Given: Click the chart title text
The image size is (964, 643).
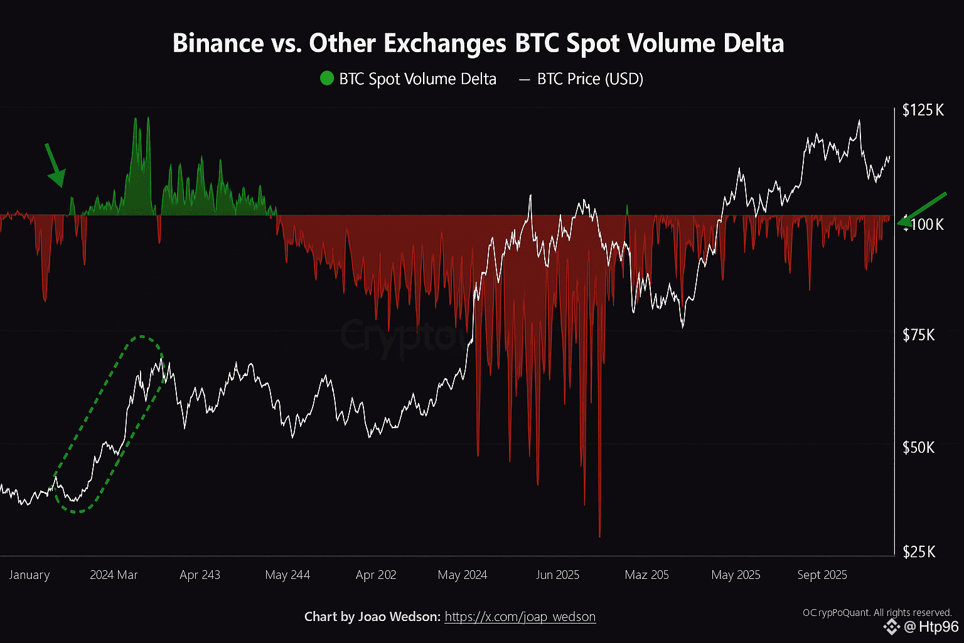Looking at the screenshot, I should pyautogui.click(x=478, y=43).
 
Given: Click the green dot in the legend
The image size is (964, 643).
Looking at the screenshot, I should pyautogui.click(x=327, y=79).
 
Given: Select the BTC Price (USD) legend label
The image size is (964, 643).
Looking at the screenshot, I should pyautogui.click(x=590, y=79).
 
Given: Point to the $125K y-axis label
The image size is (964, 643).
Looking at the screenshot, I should pyautogui.click(x=923, y=111).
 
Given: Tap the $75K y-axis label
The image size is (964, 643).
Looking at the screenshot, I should pyautogui.click(x=918, y=335).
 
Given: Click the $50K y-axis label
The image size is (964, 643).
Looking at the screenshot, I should pyautogui.click(x=918, y=447).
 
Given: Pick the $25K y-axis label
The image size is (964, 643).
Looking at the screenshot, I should pyautogui.click(x=918, y=552).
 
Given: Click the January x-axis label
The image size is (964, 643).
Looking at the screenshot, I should pyautogui.click(x=29, y=575).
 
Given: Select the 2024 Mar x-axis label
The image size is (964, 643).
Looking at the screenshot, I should pyautogui.click(x=114, y=575).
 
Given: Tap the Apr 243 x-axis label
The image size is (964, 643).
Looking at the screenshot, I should pyautogui.click(x=200, y=575).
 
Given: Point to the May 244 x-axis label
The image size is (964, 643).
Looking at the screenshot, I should pyautogui.click(x=287, y=575).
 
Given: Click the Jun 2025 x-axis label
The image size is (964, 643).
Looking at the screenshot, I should pyautogui.click(x=557, y=575).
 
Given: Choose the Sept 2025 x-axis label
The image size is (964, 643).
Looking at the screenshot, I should pyautogui.click(x=822, y=575).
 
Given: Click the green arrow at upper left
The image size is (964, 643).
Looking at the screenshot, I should pyautogui.click(x=55, y=166).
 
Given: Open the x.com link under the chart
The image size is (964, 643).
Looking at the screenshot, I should pyautogui.click(x=520, y=617).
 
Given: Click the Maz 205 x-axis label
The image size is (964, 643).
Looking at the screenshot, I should pyautogui.click(x=646, y=575).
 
